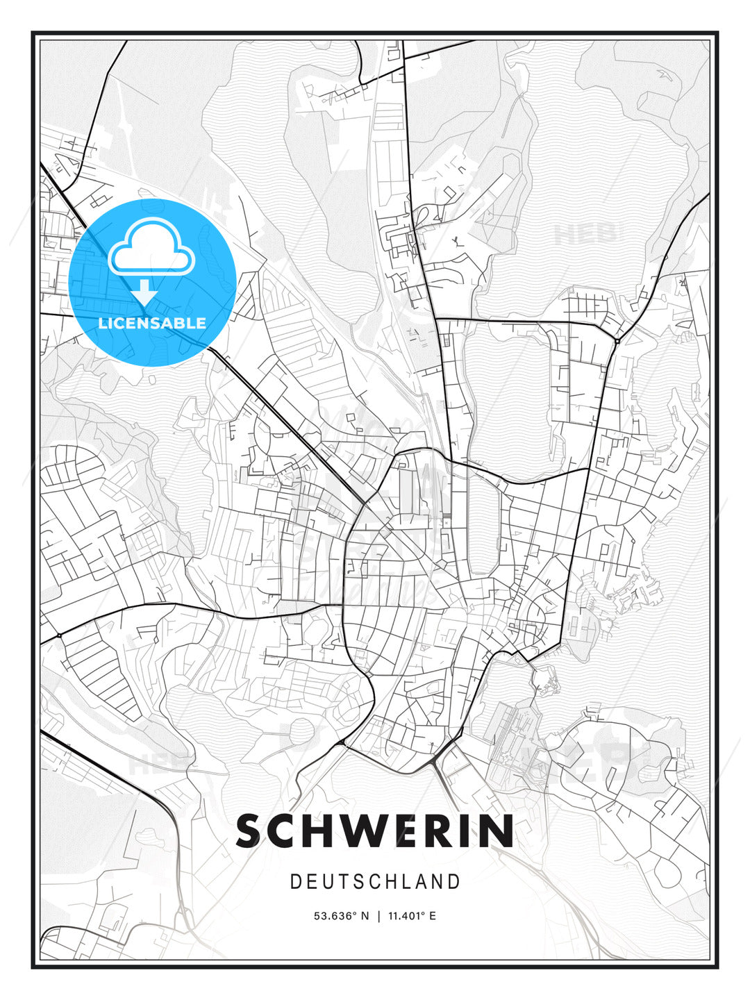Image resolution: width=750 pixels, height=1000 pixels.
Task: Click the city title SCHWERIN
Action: coord(375,831)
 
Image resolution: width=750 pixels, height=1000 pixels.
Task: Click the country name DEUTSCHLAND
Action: coord(375,882)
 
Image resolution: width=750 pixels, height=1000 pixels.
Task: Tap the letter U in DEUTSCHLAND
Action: coord(328,882)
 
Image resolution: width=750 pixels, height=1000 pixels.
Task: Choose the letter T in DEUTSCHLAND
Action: coord(345,882)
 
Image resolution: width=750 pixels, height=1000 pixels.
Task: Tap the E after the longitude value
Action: coord(433,916)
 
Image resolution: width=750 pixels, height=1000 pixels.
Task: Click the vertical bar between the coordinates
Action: coord(379,916)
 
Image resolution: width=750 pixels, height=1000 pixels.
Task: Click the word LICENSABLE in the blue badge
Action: coord(152,323)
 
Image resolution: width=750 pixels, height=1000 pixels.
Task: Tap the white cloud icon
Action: coord(151,247)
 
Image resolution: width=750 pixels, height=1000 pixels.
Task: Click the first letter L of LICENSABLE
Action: coord(102,323)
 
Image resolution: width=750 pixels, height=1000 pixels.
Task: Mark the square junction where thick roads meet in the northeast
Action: coord(617,341)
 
